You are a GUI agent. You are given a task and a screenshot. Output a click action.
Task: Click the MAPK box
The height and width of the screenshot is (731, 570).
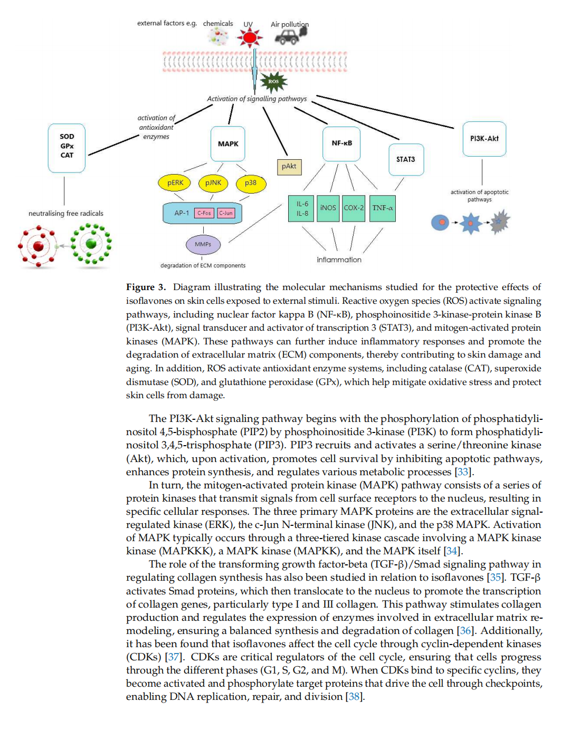[228, 143]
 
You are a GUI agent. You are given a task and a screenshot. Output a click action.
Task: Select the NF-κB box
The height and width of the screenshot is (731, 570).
[341, 143]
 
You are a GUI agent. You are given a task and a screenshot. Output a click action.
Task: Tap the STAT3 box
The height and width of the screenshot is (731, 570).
[406, 159]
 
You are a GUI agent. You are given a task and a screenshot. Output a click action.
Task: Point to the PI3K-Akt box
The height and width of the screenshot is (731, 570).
[484, 139]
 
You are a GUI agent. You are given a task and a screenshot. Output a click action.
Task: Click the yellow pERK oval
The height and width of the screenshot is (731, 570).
[174, 183]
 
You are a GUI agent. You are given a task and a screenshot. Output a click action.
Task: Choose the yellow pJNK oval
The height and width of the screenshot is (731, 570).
[213, 183]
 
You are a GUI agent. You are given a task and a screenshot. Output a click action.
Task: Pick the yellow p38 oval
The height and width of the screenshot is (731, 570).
[251, 184]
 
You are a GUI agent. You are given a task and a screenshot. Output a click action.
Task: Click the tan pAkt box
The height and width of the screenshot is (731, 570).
[289, 167]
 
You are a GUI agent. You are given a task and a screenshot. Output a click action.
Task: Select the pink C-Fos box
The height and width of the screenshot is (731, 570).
[204, 213]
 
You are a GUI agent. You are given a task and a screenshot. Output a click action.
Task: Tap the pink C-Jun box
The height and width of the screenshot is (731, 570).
[226, 213]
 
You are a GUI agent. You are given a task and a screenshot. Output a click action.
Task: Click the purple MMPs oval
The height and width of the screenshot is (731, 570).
[203, 244]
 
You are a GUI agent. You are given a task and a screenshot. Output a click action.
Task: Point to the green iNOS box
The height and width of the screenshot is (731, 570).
[328, 208]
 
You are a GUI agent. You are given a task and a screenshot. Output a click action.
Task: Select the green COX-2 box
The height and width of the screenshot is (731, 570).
[353, 208]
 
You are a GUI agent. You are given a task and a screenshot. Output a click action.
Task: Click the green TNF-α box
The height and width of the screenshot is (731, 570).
[382, 208]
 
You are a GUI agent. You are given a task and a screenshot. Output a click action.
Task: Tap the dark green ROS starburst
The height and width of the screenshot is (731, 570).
[273, 82]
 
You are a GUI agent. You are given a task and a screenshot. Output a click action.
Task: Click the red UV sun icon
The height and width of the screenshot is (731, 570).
[249, 37]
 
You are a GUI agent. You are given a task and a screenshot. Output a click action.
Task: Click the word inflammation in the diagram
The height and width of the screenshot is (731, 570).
[339, 259]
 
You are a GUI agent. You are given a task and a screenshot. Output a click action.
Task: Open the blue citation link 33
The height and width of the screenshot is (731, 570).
[462, 472]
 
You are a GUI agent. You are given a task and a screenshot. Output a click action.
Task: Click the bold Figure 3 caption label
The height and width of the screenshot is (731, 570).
[146, 287]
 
